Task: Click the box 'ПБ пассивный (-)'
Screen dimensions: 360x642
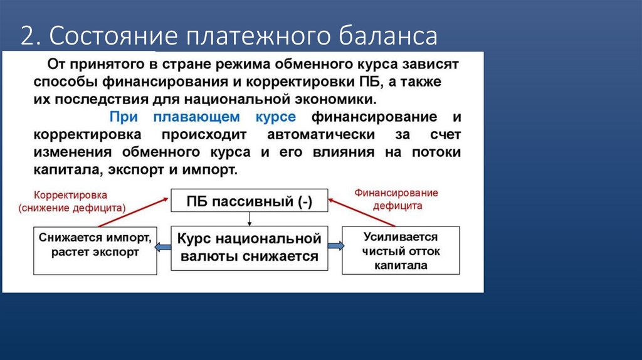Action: [x=249, y=201]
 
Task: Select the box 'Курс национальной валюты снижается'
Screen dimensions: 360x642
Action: [x=249, y=248]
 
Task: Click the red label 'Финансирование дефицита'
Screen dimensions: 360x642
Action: [x=396, y=199]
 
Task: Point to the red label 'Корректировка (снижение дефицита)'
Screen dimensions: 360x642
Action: [x=71, y=201]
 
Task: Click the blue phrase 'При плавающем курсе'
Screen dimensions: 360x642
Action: [x=203, y=117]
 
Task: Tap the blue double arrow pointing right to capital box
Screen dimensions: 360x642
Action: [x=335, y=248]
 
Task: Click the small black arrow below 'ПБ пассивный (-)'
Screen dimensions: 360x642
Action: [x=250, y=219]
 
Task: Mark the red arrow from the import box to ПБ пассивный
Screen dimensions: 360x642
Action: [x=132, y=212]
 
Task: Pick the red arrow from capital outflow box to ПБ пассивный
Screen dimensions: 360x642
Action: [x=362, y=212]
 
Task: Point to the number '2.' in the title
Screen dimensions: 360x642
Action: [x=29, y=36]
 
